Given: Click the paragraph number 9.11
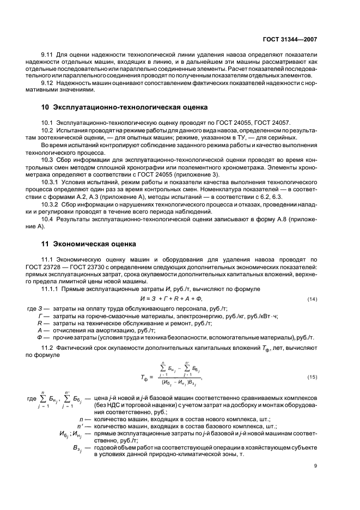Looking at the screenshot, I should tap(49, 56).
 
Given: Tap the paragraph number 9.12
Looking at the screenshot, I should tap(49, 83).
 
